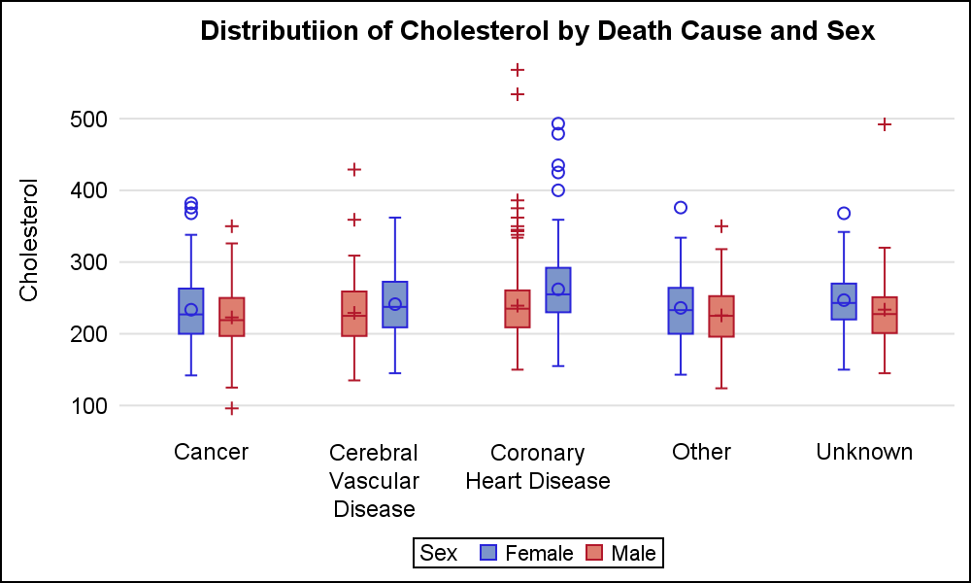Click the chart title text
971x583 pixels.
coord(538,31)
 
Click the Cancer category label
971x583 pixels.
coord(211,452)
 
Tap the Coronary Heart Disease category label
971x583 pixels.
coord(538,466)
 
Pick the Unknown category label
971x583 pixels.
coord(864,452)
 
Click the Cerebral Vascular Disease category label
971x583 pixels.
coord(374,480)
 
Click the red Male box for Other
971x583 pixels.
coord(721,316)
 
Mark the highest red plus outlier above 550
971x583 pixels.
coord(518,70)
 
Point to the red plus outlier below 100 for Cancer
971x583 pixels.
coord(231,408)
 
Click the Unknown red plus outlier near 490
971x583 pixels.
coord(885,124)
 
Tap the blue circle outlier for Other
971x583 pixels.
coord(681,207)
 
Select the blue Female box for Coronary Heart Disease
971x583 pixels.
coord(558,290)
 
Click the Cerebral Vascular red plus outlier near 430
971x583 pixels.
coord(354,169)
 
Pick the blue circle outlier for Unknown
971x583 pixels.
coord(844,213)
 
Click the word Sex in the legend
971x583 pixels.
coord(439,553)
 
